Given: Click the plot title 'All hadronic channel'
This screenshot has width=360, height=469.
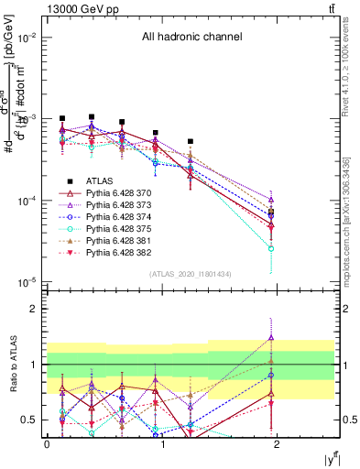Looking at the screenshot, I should pyautogui.click(x=191, y=37).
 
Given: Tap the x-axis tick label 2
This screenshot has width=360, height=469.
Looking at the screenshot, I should pyautogui.click(x=278, y=442).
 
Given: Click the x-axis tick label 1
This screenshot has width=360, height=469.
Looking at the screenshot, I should pyautogui.click(x=162, y=442).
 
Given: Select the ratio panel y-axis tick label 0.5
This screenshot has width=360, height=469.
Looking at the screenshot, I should pyautogui.click(x=33, y=420).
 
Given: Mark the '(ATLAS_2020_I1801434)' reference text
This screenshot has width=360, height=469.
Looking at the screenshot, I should pyautogui.click(x=191, y=274).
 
